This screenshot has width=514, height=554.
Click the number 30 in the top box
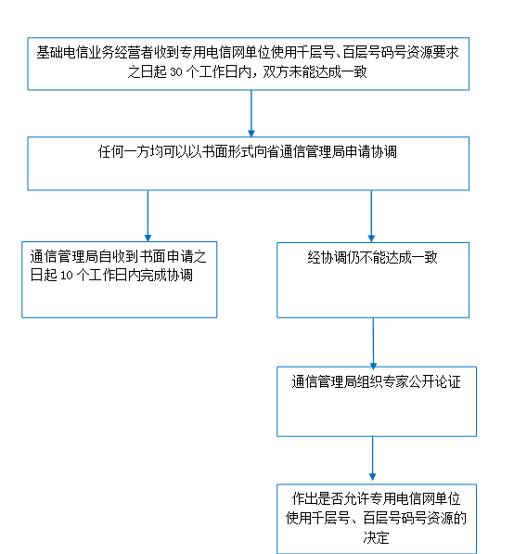coord(176,72)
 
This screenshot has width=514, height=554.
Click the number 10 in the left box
coord(67,276)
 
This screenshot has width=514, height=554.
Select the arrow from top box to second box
coord(251,113)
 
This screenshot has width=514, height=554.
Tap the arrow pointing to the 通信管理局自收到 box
coord(148,216)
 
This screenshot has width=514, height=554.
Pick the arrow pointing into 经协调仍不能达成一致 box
coord(371,216)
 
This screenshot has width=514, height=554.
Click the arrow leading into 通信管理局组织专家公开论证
coord(373,343)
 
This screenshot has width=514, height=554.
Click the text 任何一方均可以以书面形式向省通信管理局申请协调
coord(248,151)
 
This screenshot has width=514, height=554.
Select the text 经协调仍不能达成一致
coord(373,257)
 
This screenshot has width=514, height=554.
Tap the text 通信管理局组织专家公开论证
coord(377,382)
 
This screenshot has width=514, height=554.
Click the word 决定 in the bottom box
coord(377,537)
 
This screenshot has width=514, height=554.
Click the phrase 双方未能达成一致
coord(315,72)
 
